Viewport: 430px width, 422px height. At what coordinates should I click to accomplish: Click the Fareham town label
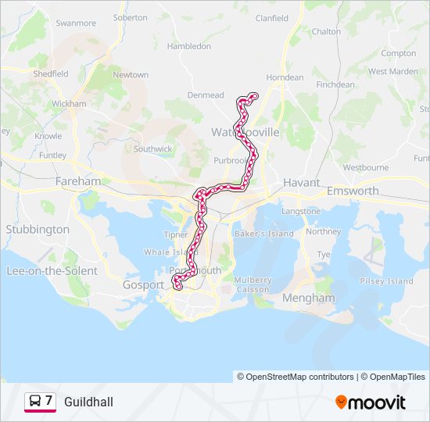tap(78, 181)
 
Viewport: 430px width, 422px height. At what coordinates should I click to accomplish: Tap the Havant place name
tap(302, 182)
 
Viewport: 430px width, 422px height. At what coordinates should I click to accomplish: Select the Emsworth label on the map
tap(353, 191)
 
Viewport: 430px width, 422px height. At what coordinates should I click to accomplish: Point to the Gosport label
tap(143, 285)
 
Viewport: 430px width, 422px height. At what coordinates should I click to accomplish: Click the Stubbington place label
tap(38, 230)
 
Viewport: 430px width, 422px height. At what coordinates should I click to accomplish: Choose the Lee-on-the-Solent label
tap(52, 271)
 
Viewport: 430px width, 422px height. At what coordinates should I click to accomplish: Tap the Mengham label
tap(309, 298)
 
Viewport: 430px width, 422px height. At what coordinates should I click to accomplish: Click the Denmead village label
tap(206, 95)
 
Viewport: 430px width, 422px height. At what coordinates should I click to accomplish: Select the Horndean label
tap(285, 77)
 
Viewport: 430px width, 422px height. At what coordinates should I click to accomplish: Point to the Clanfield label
tap(271, 40)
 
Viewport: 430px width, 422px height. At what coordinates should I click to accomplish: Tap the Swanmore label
tap(76, 23)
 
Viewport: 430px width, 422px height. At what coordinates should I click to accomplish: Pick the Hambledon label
tap(189, 46)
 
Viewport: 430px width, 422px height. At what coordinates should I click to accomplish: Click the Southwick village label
tap(152, 148)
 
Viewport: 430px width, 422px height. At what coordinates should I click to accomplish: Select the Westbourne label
tap(365, 167)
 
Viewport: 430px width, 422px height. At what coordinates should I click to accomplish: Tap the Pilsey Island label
tap(386, 281)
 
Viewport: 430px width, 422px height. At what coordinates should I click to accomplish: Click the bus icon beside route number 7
tap(35, 402)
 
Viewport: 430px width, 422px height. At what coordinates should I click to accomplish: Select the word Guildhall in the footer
tap(88, 402)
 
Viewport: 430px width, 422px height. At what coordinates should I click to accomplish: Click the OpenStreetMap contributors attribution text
tap(296, 377)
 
